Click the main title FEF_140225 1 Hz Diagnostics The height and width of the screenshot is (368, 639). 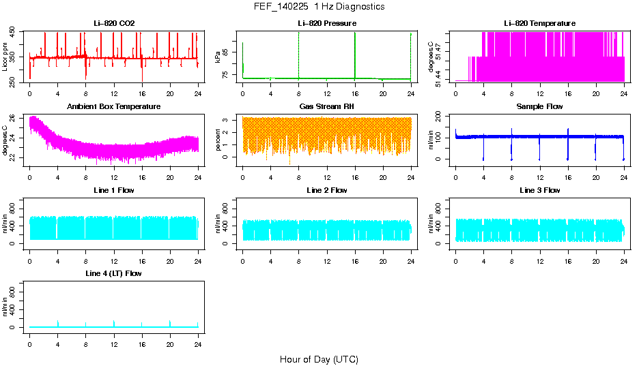(319, 6)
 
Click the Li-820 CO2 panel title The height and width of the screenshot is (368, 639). (114, 23)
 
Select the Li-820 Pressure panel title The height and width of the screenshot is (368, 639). (326, 23)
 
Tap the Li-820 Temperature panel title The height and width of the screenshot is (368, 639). (539, 23)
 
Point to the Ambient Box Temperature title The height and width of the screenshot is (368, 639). (114, 106)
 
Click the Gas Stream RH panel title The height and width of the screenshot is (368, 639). (326, 106)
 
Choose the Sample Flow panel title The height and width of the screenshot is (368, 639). (539, 106)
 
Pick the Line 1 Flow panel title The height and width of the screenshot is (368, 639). (114, 190)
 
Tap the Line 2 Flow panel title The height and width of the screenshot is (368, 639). (326, 190)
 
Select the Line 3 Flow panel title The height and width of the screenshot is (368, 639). (539, 190)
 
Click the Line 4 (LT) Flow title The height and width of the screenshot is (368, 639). (114, 273)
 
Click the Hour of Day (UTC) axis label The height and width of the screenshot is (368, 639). (319, 359)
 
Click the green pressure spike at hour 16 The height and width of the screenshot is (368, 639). (355, 55)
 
